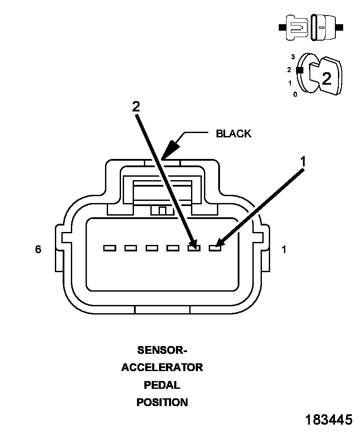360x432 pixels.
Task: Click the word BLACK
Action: tap(233, 133)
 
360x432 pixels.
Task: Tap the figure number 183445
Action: tap(328, 420)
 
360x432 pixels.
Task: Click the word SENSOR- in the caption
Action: tap(162, 350)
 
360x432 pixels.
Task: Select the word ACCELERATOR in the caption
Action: tap(162, 368)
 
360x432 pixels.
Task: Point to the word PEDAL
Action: tap(162, 385)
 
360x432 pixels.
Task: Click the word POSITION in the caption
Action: tap(162, 402)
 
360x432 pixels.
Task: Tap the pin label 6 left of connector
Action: tap(38, 249)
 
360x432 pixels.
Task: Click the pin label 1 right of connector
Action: tap(284, 250)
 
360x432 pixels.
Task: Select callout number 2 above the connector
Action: tap(136, 106)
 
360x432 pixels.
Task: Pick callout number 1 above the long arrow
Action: tap(303, 162)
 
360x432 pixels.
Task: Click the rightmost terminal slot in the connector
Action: tap(215, 248)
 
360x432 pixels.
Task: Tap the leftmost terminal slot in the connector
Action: tap(109, 248)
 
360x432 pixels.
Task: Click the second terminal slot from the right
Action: tap(194, 248)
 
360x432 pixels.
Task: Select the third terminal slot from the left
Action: tap(152, 248)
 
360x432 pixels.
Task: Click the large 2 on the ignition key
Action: tap(327, 79)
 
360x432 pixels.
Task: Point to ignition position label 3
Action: tap(293, 57)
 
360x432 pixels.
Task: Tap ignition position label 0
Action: tap(295, 95)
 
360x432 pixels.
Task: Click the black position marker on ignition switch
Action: tap(299, 70)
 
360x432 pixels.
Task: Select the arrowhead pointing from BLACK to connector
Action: tap(171, 149)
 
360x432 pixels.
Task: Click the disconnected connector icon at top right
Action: tap(311, 28)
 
